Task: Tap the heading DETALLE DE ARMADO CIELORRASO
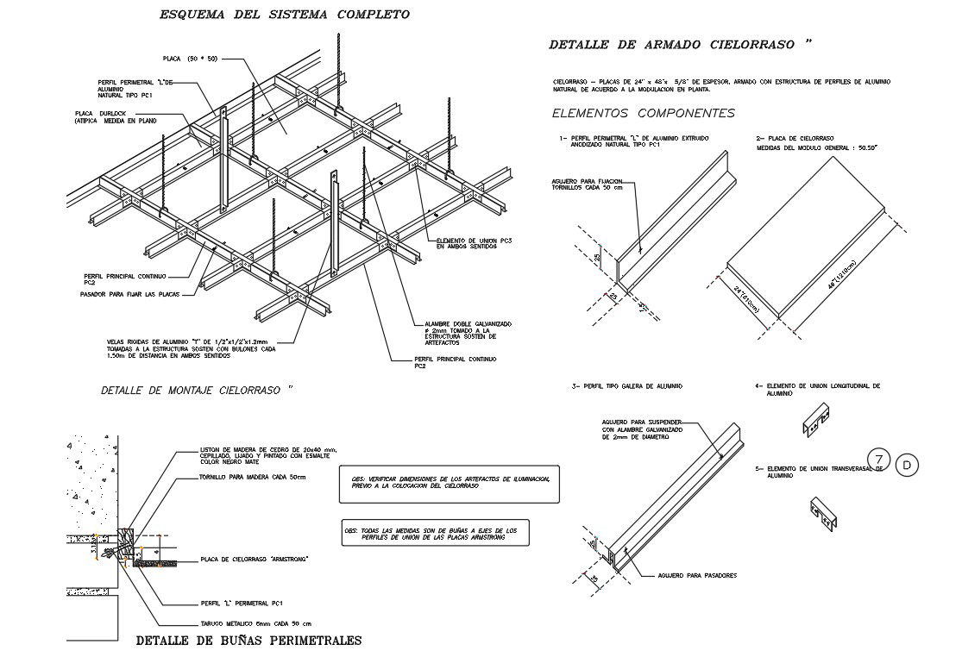[x=680, y=44]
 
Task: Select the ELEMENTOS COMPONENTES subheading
[x=643, y=113]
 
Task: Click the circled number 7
[x=878, y=459]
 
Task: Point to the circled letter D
[x=907, y=466]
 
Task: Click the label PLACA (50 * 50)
[x=191, y=59]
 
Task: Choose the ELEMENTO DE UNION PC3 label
[x=475, y=243]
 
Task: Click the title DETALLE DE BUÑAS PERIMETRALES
[x=249, y=641]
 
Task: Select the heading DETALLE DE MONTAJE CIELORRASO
[x=198, y=391]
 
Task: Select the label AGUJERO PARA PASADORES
[x=697, y=575]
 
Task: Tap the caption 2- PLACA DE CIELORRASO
[x=794, y=138]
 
